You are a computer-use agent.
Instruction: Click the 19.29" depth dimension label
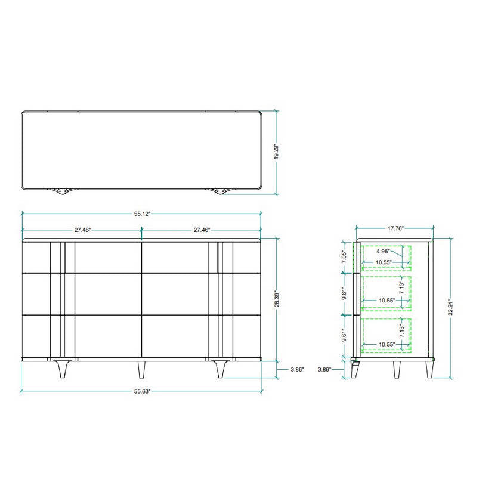pyautogui.click(x=276, y=151)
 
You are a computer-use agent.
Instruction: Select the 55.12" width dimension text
pyautogui.click(x=142, y=214)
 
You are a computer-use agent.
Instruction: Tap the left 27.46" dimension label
pyautogui.click(x=82, y=230)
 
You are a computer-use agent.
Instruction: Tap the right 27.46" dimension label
pyautogui.click(x=202, y=230)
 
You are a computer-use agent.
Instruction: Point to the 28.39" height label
pyautogui.click(x=277, y=299)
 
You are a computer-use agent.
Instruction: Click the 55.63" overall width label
pyautogui.click(x=142, y=391)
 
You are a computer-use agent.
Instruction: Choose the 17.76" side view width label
pyautogui.click(x=395, y=228)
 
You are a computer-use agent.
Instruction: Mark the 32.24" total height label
pyautogui.click(x=450, y=308)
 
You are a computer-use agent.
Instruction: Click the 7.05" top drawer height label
pyautogui.click(x=344, y=257)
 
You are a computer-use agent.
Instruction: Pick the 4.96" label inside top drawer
pyautogui.click(x=383, y=251)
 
